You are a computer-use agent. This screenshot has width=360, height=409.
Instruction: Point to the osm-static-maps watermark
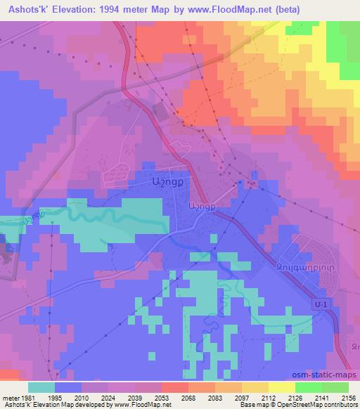(330, 375)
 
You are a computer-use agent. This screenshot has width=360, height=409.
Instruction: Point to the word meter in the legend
(10, 398)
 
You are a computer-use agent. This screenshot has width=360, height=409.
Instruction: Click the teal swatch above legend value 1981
(41, 387)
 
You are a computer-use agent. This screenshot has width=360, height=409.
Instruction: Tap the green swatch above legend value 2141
(308, 387)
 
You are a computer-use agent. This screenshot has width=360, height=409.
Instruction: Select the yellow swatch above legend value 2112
(281, 387)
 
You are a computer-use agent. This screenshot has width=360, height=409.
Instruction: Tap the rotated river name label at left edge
(33, 217)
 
